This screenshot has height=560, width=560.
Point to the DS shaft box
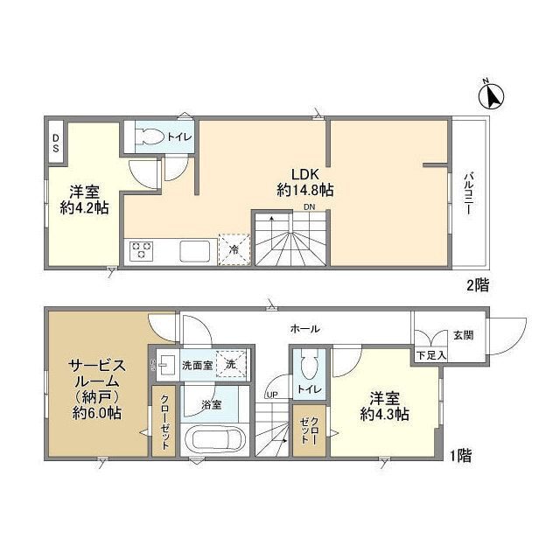click(x=55, y=143)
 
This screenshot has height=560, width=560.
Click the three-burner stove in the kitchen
click(x=141, y=252)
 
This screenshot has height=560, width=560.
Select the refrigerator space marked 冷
click(x=234, y=248)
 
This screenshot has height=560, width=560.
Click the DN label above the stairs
click(x=309, y=207)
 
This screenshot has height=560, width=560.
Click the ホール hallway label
click(x=304, y=329)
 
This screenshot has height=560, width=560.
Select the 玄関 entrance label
click(x=464, y=336)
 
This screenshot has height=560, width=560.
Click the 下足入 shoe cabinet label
click(x=430, y=355)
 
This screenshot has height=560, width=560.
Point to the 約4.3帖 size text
click(x=385, y=416)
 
